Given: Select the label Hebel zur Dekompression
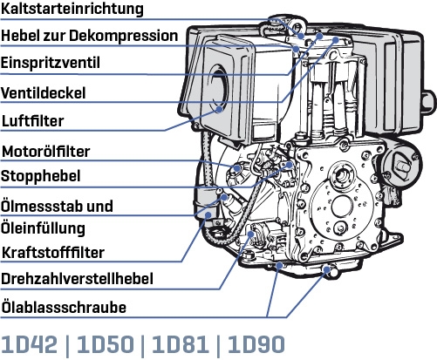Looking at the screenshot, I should coord(90,37).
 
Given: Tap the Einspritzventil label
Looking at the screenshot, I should coord(51,64).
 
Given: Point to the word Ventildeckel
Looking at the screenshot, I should coord(44,92).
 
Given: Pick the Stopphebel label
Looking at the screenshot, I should coord(41,175).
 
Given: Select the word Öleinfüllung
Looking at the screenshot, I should coord(43,228).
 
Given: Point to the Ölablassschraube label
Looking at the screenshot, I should coord(65,307).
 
